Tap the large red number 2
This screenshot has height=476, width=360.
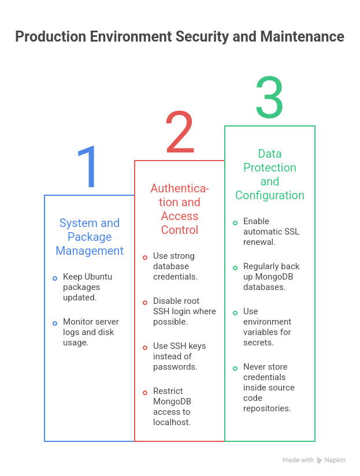tap(180, 132)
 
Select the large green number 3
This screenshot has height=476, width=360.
tap(270, 97)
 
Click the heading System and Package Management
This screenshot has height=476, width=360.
tap(90, 237)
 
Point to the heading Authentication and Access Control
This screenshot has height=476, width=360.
tap(180, 209)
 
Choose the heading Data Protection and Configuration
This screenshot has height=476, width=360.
tap(270, 174)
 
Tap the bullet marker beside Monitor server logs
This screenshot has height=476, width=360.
tap(55, 323)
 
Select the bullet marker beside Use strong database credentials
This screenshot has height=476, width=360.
tap(145, 258)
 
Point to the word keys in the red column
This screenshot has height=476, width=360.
tap(197, 346)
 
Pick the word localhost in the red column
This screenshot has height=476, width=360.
tap(172, 422)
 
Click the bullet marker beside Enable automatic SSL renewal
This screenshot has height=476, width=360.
tap(235, 223)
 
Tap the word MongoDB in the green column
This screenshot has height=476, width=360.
tap(274, 277)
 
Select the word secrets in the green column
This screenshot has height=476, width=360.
tap(259, 343)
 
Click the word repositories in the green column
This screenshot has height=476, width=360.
tap(267, 408)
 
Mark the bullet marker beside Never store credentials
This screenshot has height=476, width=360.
tap(235, 369)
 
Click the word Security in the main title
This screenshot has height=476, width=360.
tap(202, 37)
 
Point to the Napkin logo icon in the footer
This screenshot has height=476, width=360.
tap(320, 460)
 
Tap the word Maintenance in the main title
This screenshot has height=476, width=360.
tap(302, 36)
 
